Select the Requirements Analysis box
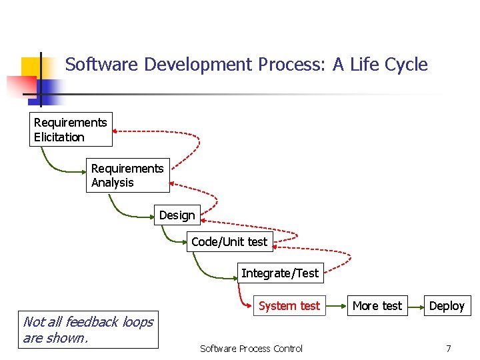(127, 175)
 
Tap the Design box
(177, 215)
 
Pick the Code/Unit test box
(229, 242)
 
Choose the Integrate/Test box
(279, 273)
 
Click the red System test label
(289, 306)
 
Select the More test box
(377, 306)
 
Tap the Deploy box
(447, 306)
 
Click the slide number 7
(449, 349)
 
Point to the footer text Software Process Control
(251, 349)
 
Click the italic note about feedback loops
(88, 330)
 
